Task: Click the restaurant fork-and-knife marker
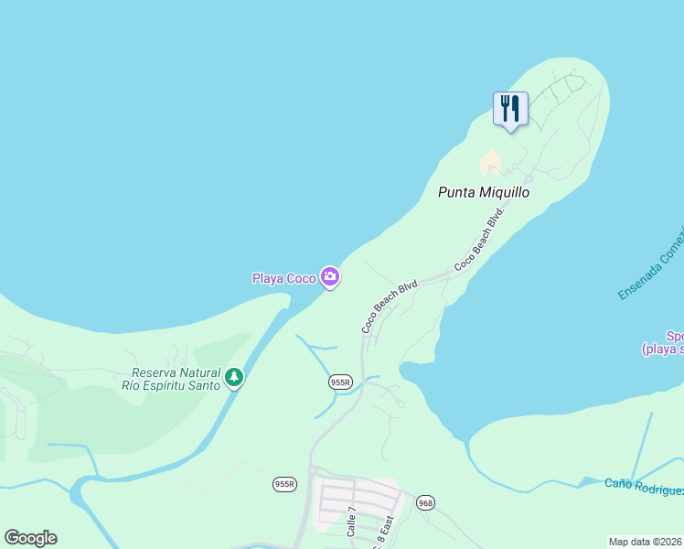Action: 510,109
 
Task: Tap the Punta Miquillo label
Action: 484,192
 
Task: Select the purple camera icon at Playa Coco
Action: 330,276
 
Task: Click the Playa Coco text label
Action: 283,278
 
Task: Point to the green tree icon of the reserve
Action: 234,377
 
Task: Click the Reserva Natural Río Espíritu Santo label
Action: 176,379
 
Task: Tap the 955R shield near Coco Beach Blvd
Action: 340,382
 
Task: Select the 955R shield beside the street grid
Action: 284,483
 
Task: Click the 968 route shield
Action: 425,503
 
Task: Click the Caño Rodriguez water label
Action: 644,487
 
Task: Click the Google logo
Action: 30,537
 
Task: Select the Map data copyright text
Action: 646,542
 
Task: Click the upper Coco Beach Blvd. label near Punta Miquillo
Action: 480,240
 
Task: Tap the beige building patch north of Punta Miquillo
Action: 490,162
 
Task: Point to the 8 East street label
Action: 386,528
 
